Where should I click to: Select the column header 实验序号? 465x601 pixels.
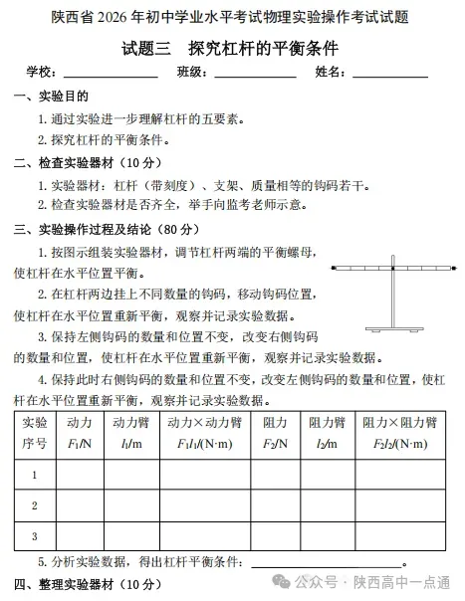(34, 433)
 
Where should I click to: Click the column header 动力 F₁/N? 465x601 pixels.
(79, 433)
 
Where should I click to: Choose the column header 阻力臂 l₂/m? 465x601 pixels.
(327, 433)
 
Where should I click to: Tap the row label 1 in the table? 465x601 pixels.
(34, 475)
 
